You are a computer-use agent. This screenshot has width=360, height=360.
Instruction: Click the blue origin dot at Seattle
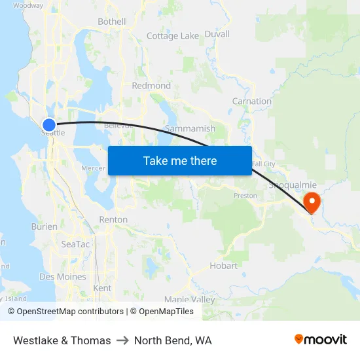tap(49, 124)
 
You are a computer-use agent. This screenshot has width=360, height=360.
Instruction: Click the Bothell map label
tap(111, 22)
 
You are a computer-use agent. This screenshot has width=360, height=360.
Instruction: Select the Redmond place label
tap(151, 86)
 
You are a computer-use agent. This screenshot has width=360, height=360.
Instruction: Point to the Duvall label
tap(217, 34)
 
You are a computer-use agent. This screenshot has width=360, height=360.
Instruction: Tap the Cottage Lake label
tap(173, 36)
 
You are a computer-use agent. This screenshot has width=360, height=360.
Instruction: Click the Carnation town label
tap(252, 101)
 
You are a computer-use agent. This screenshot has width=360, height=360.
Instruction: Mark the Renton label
tap(113, 219)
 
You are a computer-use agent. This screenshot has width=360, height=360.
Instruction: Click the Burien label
tap(45, 226)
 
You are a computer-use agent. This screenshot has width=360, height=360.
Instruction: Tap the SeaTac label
tap(75, 244)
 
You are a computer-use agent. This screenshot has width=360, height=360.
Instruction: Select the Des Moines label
tap(63, 277)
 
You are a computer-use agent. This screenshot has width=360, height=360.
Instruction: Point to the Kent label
tap(103, 288)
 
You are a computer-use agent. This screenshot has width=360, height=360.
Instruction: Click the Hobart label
tap(223, 266)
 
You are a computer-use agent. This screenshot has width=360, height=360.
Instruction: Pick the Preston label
tap(245, 196)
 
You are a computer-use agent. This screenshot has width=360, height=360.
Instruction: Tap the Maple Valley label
tap(189, 299)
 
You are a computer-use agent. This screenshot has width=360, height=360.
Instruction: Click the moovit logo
tap(321, 340)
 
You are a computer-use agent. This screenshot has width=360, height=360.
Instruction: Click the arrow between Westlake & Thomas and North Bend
tap(122, 340)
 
